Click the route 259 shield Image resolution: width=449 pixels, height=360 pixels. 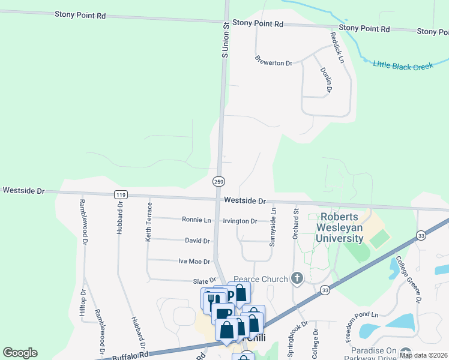218,181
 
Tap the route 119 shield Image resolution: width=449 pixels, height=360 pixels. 121,194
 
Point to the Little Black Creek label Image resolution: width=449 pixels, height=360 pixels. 403,65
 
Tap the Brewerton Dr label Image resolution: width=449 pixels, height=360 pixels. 273,62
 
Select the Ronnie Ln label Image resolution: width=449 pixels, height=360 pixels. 196,220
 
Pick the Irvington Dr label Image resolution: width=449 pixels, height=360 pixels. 240,221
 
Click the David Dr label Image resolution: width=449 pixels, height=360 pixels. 197,241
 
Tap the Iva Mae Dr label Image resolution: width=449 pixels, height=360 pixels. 194,262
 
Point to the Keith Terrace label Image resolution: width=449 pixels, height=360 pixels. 148,222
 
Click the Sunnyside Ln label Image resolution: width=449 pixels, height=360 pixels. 273,227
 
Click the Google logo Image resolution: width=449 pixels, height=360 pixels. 20,353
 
